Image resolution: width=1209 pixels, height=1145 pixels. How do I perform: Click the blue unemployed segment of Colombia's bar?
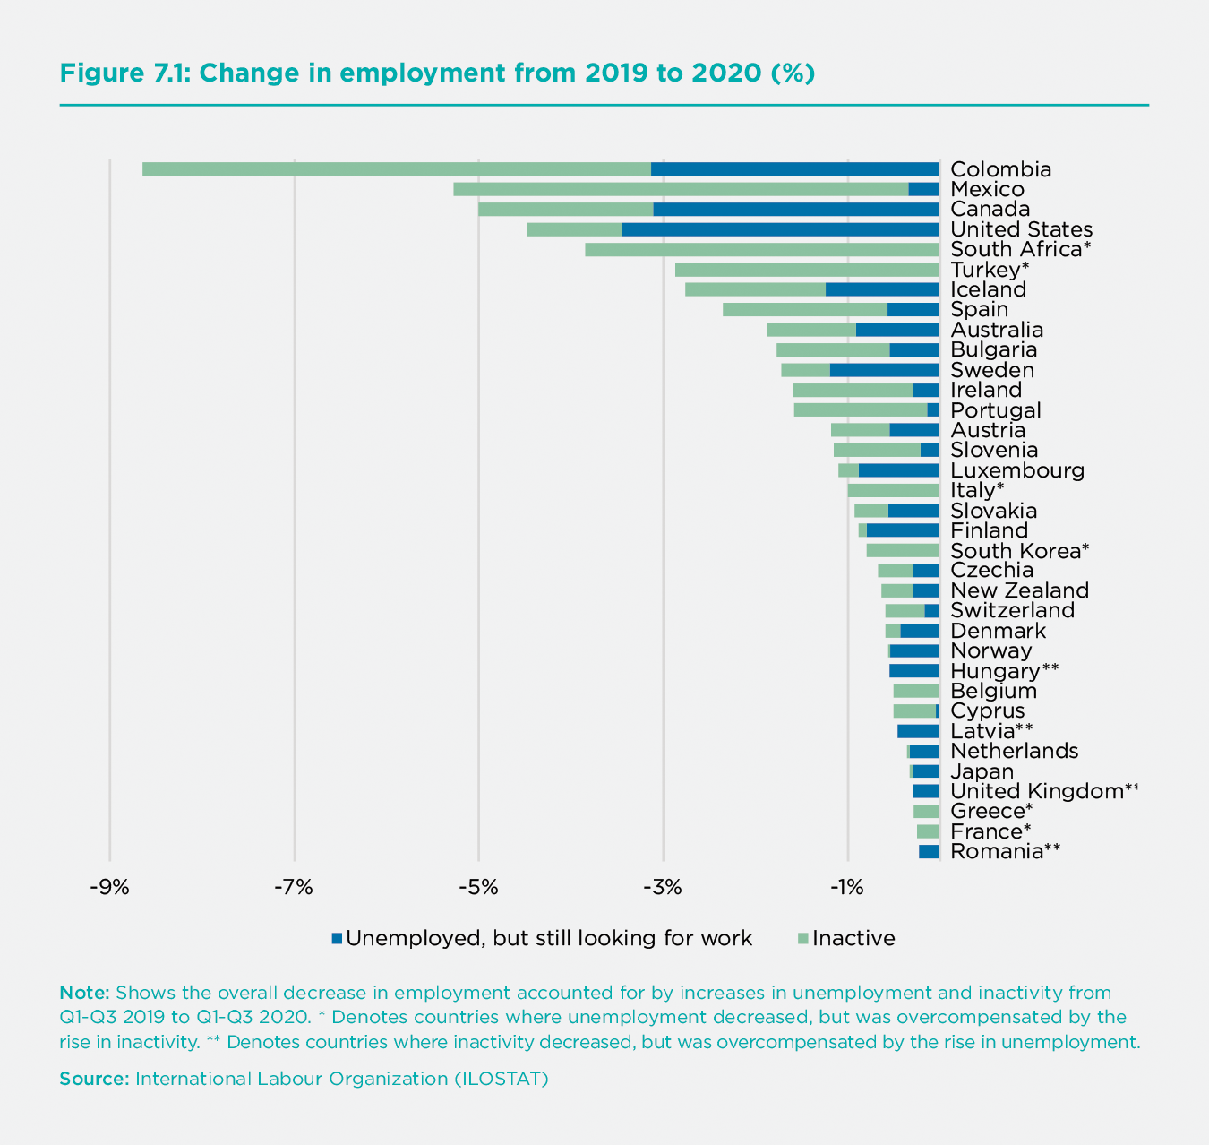[x=794, y=169]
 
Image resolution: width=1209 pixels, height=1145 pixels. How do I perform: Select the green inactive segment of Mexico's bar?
[x=681, y=189]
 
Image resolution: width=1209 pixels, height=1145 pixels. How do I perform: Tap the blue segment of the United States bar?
[x=780, y=229]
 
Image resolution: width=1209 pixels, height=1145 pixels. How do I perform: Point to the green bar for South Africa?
[x=761, y=249]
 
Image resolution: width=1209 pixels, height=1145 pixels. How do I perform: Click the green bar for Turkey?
[x=806, y=270]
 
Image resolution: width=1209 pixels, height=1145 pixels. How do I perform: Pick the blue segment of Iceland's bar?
[x=881, y=289]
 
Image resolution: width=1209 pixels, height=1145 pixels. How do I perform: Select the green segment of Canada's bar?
[x=565, y=209]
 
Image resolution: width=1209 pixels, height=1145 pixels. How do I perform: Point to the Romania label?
[x=997, y=851]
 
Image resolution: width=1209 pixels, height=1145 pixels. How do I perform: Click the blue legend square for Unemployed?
[x=337, y=938]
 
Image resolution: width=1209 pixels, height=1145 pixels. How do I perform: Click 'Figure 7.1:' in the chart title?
[x=124, y=73]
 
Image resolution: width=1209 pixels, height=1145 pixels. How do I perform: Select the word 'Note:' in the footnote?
[x=84, y=993]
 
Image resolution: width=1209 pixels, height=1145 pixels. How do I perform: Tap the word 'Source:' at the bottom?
[x=94, y=1078]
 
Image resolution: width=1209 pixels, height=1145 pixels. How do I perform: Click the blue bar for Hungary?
[x=913, y=671]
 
